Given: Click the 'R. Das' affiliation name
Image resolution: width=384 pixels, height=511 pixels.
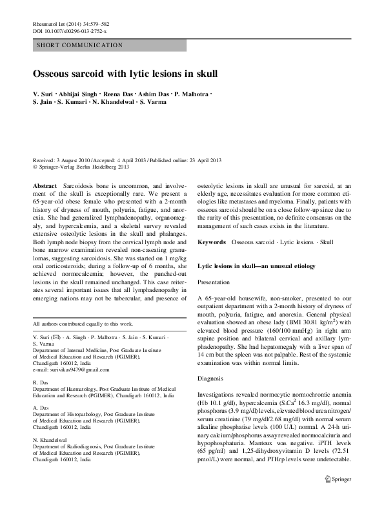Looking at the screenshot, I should tap(41, 382).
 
